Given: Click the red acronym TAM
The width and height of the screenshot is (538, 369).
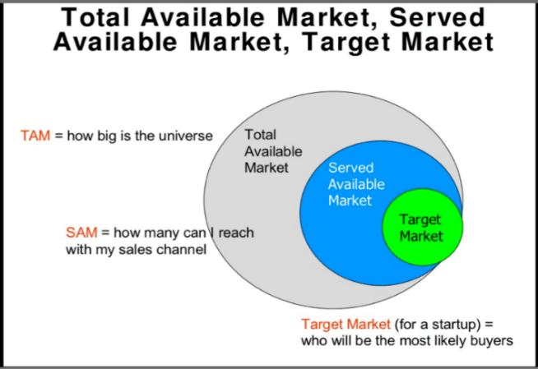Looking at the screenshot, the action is coord(35,136).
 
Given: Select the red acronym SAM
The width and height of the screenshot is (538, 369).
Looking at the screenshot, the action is coord(81,233).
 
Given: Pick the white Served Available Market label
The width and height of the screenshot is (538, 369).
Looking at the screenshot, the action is coord(355,184).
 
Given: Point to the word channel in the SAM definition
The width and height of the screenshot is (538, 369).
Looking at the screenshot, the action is coord(183,249).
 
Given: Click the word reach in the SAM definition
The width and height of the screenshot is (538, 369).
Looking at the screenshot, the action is coord(236,233).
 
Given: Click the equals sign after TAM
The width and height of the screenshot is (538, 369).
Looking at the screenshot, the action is coord(58,136).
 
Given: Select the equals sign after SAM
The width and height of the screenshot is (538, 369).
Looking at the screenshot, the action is coord(104,233).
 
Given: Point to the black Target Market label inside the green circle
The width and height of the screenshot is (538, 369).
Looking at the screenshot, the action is coord(420,228).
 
